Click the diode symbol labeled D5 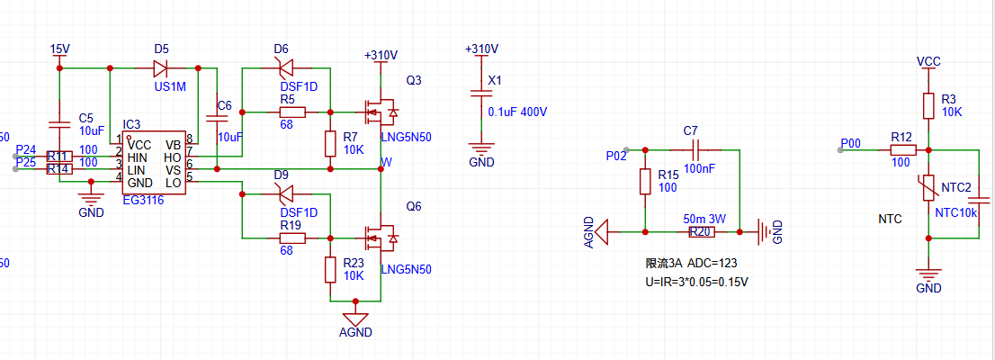162,67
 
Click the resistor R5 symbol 291,112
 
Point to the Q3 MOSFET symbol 380,112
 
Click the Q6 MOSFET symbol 380,238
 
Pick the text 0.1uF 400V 517,112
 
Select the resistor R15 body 644,182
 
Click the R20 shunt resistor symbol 702,232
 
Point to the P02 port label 616,156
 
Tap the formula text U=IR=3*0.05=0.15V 697,281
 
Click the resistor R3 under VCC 928,106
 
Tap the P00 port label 850,143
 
